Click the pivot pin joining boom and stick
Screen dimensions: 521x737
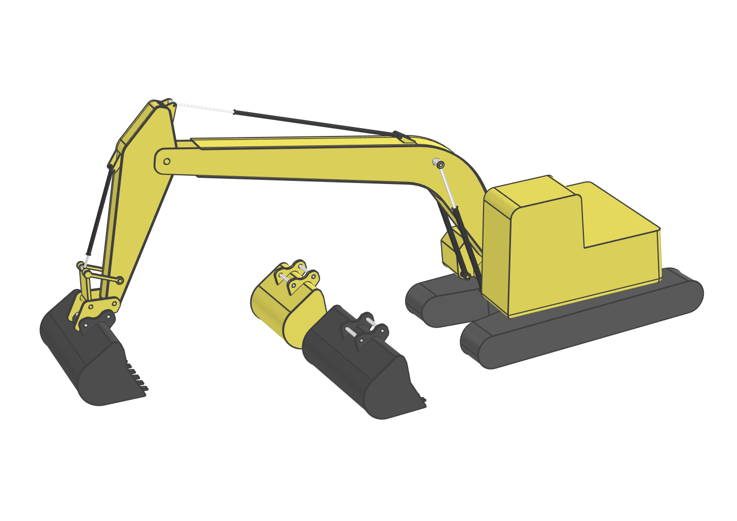point(167,161)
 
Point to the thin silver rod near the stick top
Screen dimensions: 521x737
point(204,108)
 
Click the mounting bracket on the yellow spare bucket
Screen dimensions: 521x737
point(296,277)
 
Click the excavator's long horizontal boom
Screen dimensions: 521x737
point(310,160)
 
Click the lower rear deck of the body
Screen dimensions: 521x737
point(621,258)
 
